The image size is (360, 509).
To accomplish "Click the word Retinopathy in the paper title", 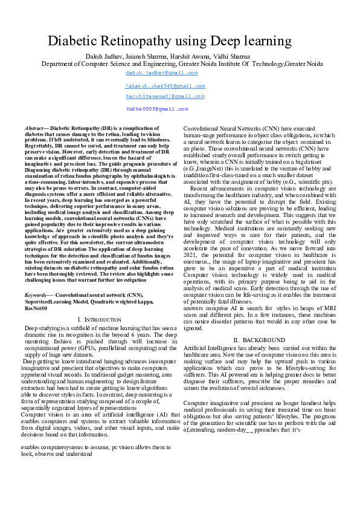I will tap(143, 41).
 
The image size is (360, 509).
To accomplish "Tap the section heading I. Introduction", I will tap(100, 319).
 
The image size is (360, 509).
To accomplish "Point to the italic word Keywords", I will tap(36, 295).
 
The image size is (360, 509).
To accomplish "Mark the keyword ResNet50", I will tap(36, 308).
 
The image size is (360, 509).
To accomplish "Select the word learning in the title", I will tap(268, 41).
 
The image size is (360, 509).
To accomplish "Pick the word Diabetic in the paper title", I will tap(74, 41).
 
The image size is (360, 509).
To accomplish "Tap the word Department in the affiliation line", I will tap(59, 63).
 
